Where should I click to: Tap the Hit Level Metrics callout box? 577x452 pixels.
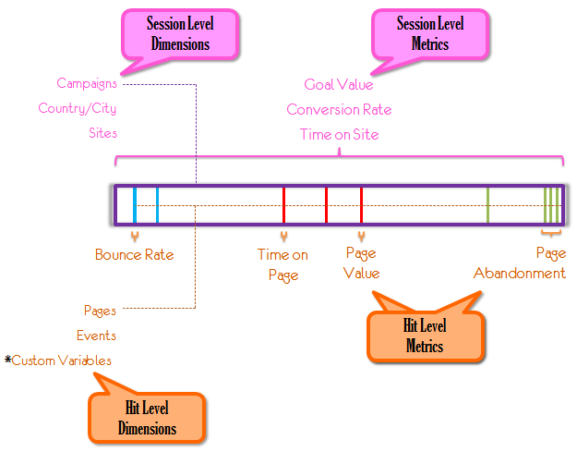pos(425,335)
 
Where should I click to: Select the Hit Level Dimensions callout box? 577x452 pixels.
pos(147,417)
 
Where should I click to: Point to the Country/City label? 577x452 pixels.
pos(78,108)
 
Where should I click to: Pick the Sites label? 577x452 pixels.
pos(102,133)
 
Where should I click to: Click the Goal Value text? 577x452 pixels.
pos(339,85)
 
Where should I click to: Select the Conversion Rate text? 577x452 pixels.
pos(339,110)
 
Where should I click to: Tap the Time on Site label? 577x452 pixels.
pos(339,135)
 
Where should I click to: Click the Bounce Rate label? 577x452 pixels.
pos(134,255)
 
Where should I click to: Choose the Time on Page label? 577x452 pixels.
pos(282,264)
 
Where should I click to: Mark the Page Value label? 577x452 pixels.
pos(362,263)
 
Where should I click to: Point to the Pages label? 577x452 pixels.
pos(100,311)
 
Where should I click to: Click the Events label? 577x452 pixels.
pos(96,336)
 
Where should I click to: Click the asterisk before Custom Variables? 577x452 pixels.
pos(7,359)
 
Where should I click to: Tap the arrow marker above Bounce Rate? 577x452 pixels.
pos(135,237)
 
